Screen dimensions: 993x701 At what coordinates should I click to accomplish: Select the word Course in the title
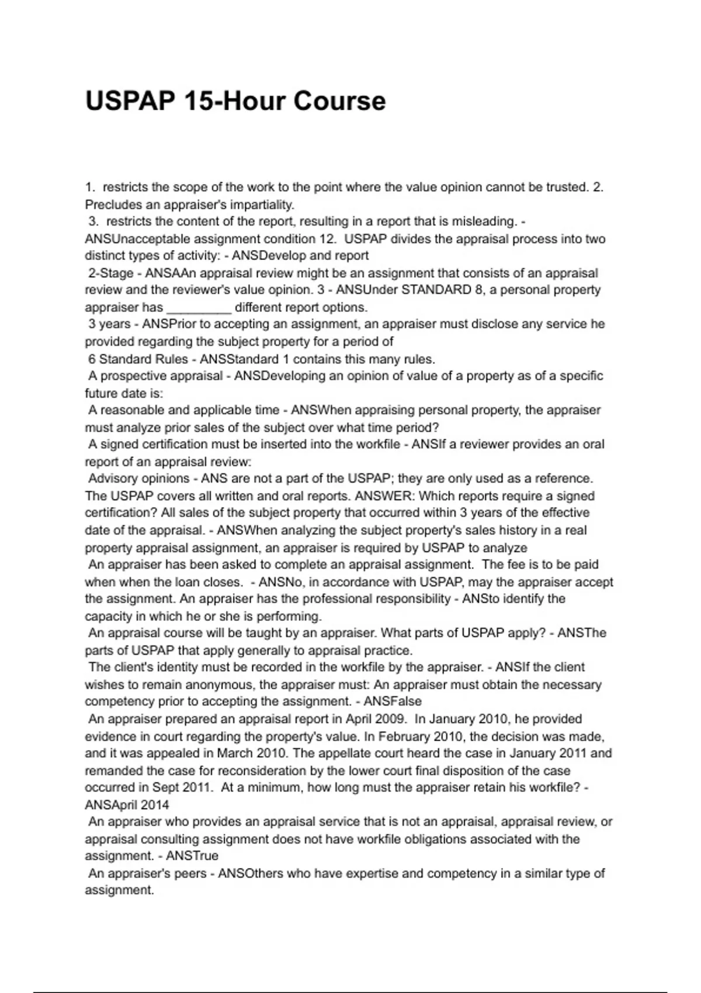pyautogui.click(x=339, y=101)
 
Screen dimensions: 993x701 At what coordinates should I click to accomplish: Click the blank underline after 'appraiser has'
pyautogui.click(x=199, y=307)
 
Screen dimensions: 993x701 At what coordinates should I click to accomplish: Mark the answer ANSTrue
pyautogui.click(x=192, y=856)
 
